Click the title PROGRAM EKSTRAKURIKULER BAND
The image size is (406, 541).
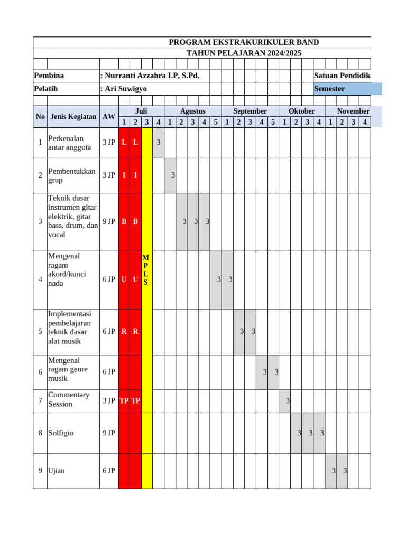pos(244,42)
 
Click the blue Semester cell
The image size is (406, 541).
pos(347,89)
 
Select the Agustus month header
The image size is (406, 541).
pos(192,111)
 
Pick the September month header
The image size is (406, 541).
pos(250,111)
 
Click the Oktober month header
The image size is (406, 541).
pos(301,111)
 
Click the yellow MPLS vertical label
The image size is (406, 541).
pos(146,270)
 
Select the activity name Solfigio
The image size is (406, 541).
pos(61,433)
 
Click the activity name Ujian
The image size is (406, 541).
pos(56,471)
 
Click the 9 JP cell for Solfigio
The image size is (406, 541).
pos(108,433)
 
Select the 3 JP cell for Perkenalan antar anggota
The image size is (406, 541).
pos(108,143)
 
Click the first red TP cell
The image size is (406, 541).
pos(124,400)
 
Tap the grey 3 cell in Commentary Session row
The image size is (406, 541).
pos(285,401)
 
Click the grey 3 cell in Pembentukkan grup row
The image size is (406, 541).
pos(170,175)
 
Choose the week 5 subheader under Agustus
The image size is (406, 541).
pos(215,123)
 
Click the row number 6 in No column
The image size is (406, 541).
pos(40,372)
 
